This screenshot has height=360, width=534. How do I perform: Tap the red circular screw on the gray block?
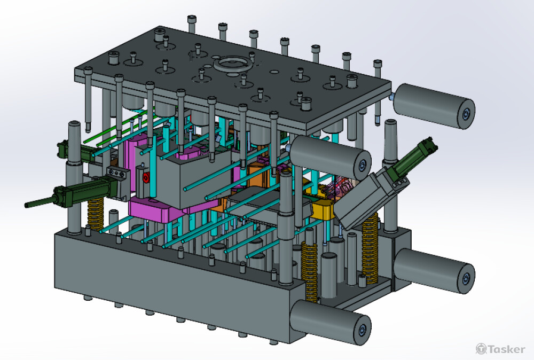(146, 178)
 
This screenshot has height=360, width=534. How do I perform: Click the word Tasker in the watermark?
(507, 349)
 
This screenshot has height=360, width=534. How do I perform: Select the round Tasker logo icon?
(481, 349)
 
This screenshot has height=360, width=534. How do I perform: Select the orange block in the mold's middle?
(259, 174)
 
